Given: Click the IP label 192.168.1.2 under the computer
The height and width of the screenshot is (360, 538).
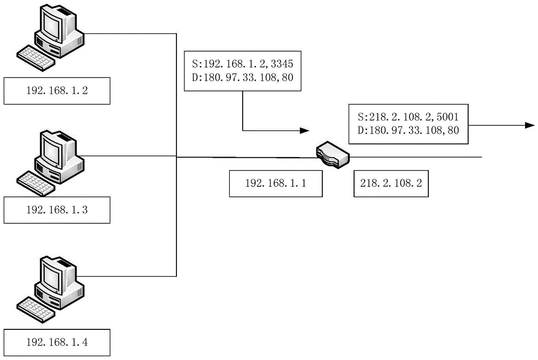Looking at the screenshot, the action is click(x=57, y=90).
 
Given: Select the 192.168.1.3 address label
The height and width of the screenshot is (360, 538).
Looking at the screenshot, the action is click(x=57, y=210).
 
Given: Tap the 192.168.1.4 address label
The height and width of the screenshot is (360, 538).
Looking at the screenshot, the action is click(x=57, y=342).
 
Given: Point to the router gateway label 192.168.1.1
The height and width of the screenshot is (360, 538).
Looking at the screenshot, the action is click(x=275, y=183).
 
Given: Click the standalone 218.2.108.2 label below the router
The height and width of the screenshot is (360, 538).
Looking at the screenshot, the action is click(x=391, y=183).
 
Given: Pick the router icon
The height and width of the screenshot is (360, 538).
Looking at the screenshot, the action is click(x=332, y=154).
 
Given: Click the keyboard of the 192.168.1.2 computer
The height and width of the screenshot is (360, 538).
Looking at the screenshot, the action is click(x=36, y=58).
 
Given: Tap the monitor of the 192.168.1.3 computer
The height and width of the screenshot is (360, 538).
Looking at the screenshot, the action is click(x=53, y=150).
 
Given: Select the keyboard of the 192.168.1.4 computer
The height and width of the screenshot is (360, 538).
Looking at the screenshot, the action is click(x=36, y=310).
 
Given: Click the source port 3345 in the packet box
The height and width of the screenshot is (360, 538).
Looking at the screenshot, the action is click(x=282, y=64).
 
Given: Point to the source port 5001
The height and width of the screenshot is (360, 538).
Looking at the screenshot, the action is click(x=448, y=117).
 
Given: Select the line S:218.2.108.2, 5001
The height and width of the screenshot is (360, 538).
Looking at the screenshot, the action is click(x=408, y=117).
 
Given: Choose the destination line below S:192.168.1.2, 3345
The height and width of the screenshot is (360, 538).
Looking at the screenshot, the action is click(x=243, y=77).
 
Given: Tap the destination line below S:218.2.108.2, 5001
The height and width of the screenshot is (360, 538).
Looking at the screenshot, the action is click(x=408, y=130).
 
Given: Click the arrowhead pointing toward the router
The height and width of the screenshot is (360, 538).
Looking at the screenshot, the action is click(x=305, y=130).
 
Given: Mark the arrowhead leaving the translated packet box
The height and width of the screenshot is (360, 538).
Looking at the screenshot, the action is click(x=530, y=125).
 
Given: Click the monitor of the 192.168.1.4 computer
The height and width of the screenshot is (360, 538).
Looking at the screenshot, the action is click(x=53, y=276).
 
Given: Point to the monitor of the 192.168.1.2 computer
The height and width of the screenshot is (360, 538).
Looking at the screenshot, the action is click(x=53, y=24).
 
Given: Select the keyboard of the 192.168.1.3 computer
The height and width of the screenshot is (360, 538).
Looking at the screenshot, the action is click(x=36, y=183).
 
